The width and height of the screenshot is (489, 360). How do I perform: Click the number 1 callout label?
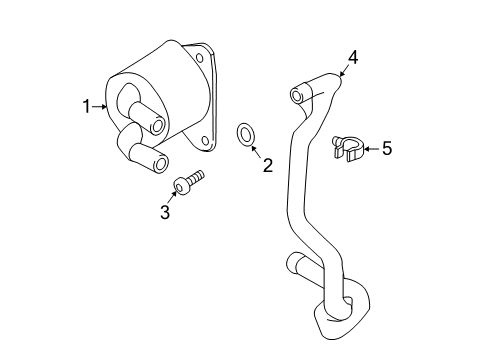point(87,104)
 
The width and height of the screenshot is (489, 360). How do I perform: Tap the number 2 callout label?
point(267,165)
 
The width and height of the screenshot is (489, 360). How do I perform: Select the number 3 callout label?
point(166,211)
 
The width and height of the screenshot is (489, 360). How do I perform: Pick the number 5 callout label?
point(386,149)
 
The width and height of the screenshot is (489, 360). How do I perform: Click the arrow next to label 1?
point(100,105)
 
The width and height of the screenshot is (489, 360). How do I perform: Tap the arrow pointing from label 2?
point(258,151)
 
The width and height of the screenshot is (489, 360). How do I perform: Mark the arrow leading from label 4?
point(344,70)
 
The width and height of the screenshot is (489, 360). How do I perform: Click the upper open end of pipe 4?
point(296,95)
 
